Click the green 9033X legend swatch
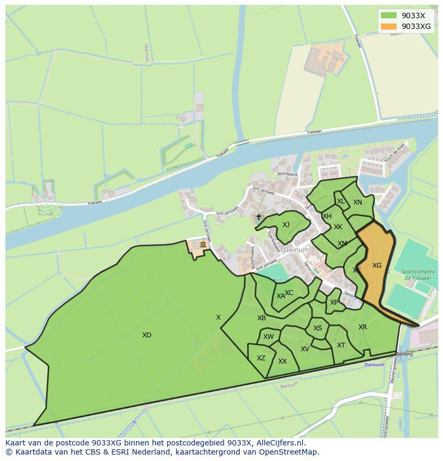[388, 16]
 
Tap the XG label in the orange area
[377, 266]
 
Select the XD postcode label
[147, 335]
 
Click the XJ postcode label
[286, 225]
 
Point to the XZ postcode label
[261, 358]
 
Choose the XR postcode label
[363, 327]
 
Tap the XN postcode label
[357, 202]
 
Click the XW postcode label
[269, 337]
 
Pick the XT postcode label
[341, 345]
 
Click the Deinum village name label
[296, 250]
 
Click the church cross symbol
[258, 217]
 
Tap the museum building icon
[203, 245]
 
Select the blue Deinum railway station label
[374, 365]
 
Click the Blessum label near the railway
[289, 384]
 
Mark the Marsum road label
[146, 52]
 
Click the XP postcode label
[334, 303]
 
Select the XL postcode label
[341, 201]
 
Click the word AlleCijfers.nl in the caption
[279, 443]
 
